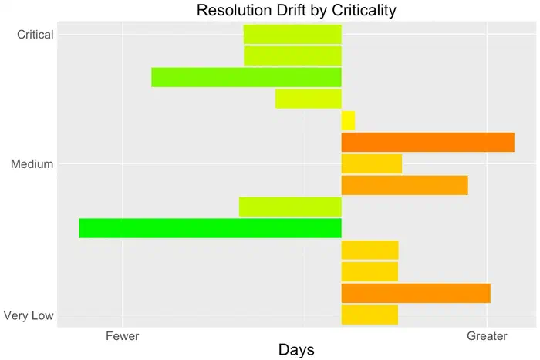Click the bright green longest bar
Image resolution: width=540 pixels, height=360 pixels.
coord(210,228)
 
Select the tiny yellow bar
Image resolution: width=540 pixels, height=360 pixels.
coord(348,120)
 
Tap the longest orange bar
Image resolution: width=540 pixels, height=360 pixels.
coord(427,143)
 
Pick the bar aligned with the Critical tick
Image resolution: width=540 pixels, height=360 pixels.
coord(292,34)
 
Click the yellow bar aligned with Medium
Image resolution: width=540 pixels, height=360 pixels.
coord(371,163)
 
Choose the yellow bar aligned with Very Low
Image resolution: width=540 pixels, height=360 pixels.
coord(370,315)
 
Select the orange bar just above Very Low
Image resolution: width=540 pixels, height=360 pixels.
coord(416,293)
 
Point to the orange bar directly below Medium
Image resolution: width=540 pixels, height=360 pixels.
coord(404,185)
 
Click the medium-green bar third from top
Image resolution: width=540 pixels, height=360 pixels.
coord(246,77)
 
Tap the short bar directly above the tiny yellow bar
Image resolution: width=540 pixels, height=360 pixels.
coord(308,99)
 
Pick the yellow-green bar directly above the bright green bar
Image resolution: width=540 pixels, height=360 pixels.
coord(290,207)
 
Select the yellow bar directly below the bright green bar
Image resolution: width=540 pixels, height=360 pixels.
coord(370,250)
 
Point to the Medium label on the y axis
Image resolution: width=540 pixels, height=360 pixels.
coord(32,163)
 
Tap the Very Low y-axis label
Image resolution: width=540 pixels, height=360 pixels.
coord(29,315)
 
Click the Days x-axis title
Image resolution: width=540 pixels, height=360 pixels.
coord(296,350)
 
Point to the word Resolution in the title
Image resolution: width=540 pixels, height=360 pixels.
coord(233,10)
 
